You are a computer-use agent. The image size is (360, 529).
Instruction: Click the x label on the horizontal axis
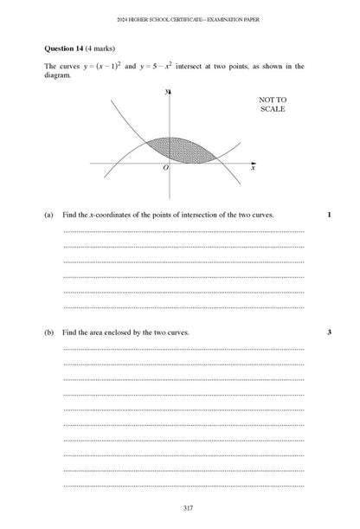pyautogui.click(x=253, y=168)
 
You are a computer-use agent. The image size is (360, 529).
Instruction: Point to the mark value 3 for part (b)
pyautogui.click(x=329, y=332)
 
